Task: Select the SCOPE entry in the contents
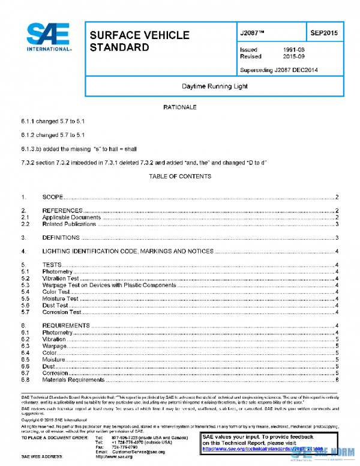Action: pos(53,197)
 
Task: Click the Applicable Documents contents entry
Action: pos(71,217)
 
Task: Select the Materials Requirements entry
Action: pos(73,380)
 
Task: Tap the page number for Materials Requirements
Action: pos(338,380)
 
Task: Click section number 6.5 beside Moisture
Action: pos(25,359)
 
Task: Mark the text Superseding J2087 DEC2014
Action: pos(278,70)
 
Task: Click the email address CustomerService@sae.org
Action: pos(138,451)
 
